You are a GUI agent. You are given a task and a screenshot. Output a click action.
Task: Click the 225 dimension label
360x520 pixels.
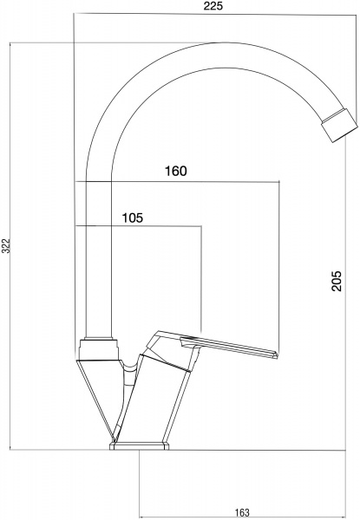point(213,6)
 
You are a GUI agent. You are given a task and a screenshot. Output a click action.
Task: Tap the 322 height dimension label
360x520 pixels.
point(7,246)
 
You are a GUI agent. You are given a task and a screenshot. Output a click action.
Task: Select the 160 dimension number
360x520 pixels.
point(176,171)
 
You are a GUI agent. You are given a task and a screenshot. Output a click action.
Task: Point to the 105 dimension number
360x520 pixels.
point(133,218)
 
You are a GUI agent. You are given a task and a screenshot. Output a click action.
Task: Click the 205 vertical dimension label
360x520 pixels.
point(336,281)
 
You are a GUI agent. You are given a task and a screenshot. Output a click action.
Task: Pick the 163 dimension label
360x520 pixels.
point(242,512)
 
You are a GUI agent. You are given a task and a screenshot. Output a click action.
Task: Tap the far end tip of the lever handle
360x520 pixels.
point(275,354)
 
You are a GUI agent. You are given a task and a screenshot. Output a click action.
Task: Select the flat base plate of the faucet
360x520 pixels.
point(140,445)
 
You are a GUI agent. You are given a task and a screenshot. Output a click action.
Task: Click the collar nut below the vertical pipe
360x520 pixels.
point(99,349)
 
